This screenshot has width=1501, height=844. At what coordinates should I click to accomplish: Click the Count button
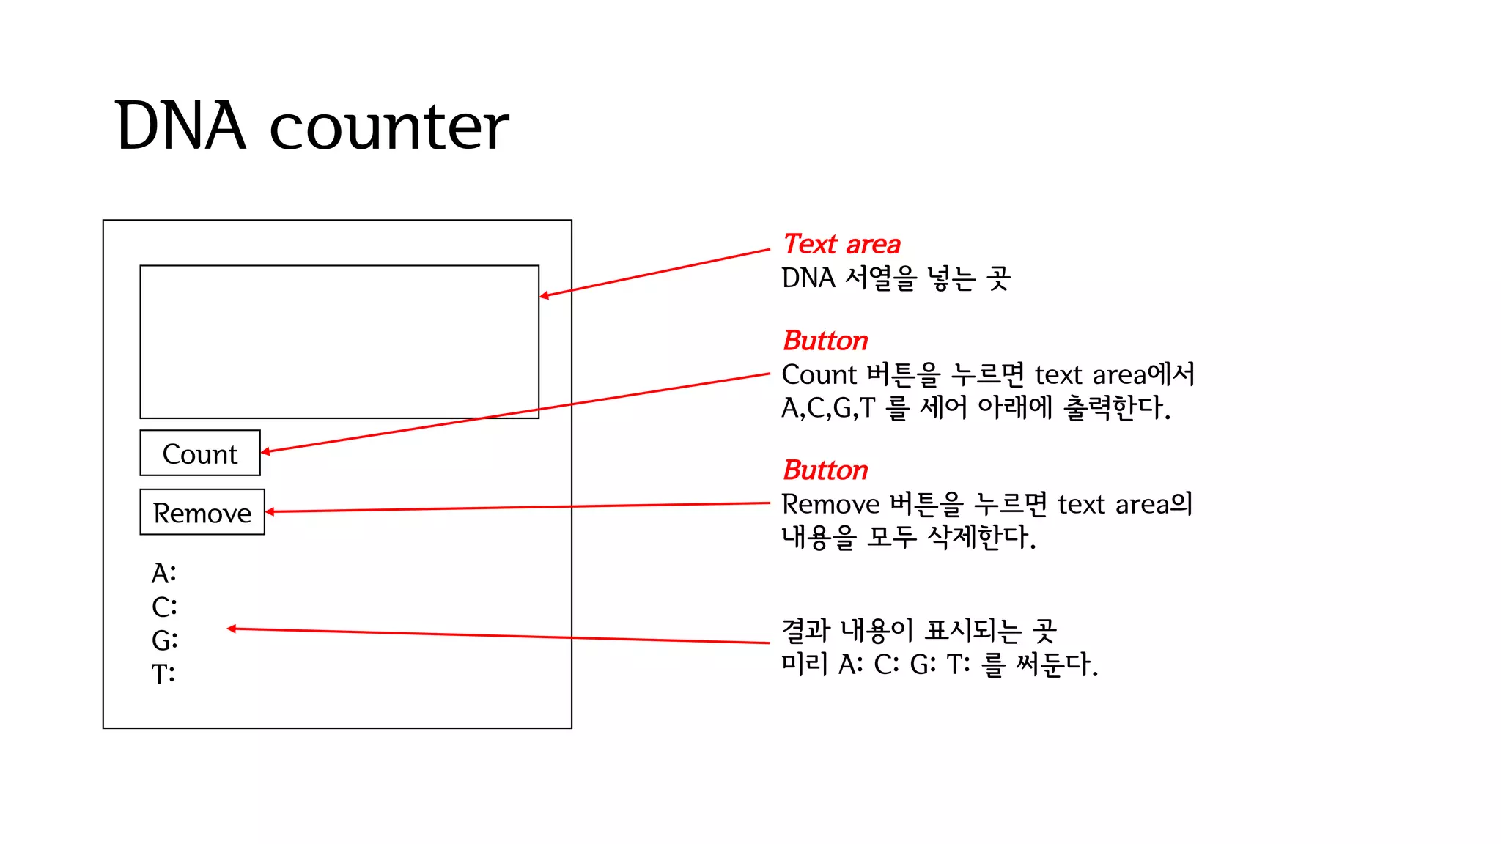[200, 454]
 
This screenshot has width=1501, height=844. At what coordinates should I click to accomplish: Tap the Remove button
[202, 512]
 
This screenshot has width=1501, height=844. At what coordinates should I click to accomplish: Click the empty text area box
[339, 341]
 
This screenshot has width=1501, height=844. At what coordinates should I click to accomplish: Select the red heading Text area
[841, 244]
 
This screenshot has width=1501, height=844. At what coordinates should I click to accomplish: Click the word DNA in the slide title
[180, 126]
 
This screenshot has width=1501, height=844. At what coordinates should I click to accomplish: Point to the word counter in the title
[389, 127]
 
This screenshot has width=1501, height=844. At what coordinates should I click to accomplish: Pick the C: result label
[164, 607]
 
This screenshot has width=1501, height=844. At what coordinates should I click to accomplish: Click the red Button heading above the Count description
[825, 341]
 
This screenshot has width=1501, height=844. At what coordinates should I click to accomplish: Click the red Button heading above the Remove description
[825, 470]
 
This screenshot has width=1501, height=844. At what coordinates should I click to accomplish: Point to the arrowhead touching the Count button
[265, 452]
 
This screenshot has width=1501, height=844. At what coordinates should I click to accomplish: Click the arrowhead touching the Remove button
[270, 511]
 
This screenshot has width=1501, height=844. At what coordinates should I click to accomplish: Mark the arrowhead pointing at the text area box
[544, 295]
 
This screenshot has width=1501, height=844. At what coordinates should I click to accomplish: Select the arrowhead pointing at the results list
[232, 629]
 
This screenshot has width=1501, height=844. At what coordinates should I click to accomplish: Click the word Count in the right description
[819, 375]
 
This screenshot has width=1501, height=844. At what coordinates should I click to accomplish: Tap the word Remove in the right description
[830, 505]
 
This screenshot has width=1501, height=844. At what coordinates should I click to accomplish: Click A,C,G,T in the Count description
[828, 408]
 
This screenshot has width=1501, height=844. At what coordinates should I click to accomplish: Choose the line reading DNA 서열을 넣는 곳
[896, 278]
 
